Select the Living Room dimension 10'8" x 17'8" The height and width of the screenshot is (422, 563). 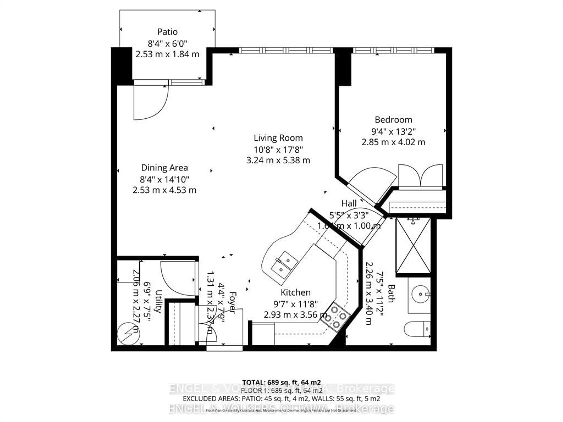278,150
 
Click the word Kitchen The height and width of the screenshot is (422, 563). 295,292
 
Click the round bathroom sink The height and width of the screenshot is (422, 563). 420,294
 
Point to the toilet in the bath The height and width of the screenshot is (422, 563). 417,329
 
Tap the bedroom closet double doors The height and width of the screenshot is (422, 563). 420,176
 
